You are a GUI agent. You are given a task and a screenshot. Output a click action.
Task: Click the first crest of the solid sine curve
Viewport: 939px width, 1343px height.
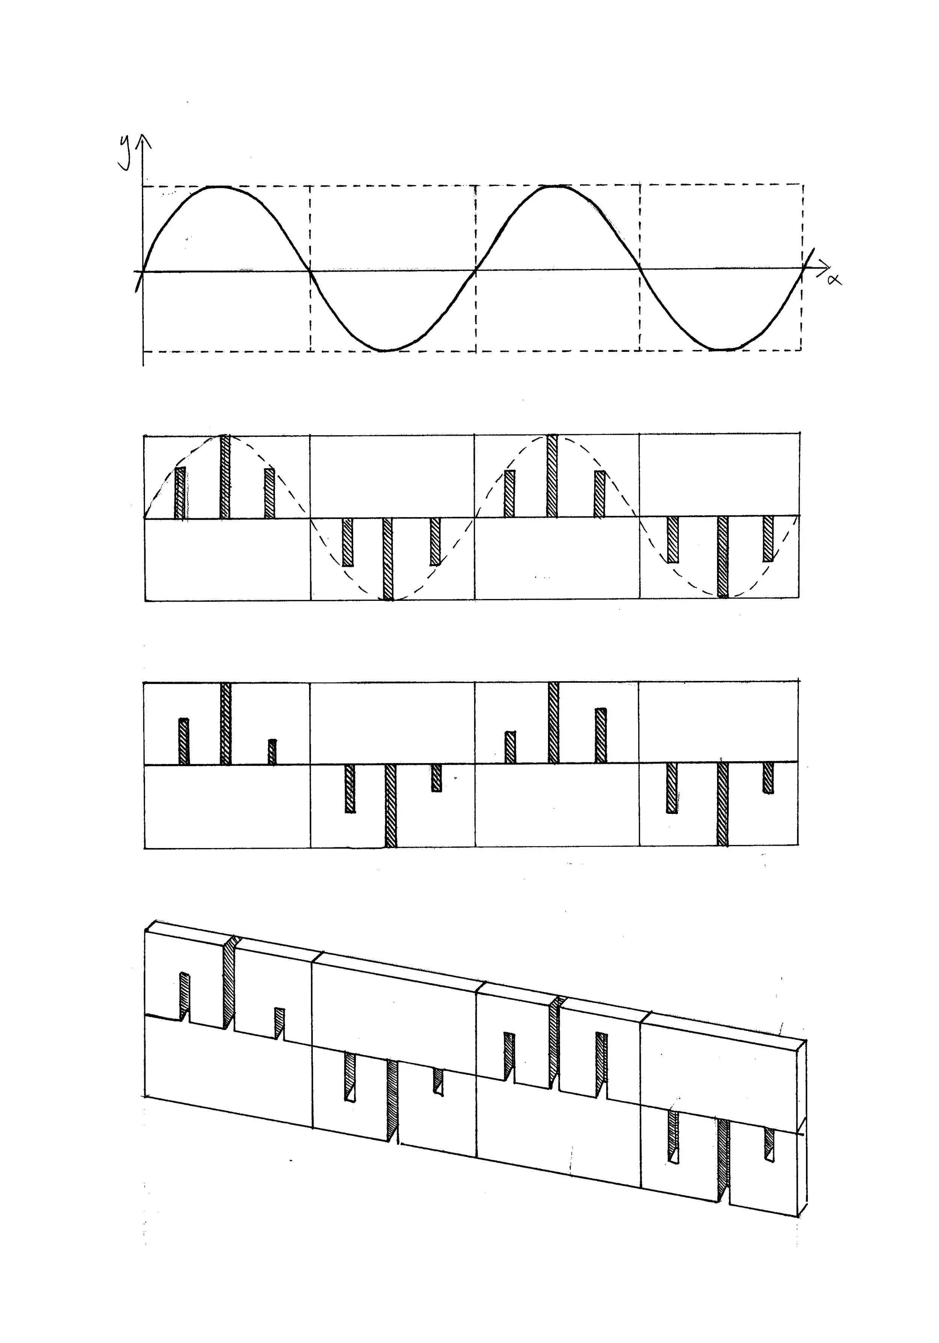coord(218,187)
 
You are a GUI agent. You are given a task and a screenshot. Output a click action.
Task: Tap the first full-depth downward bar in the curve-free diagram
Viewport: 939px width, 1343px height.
coord(391,806)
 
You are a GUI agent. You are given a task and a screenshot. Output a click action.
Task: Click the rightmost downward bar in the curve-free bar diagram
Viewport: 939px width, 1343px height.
coord(768,777)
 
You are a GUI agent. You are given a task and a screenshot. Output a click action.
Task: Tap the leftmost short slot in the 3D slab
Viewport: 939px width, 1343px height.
coord(185,997)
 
